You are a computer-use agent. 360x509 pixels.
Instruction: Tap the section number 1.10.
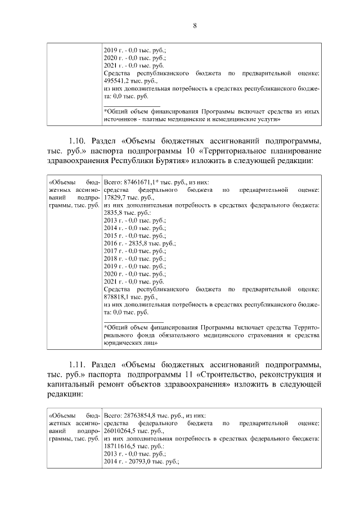[78, 140]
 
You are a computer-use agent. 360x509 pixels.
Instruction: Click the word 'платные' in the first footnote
[152, 119]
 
